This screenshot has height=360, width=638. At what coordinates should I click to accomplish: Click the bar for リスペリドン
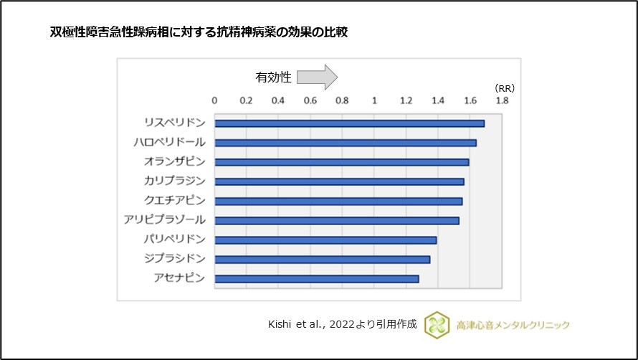pyautogui.click(x=350, y=123)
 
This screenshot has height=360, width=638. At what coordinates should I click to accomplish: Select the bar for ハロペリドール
pyautogui.click(x=346, y=143)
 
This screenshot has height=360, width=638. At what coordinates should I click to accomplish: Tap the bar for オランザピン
pyautogui.click(x=342, y=162)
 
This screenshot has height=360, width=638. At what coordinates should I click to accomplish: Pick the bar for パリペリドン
pyautogui.click(x=325, y=240)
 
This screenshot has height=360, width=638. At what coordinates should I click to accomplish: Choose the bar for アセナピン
pyautogui.click(x=317, y=278)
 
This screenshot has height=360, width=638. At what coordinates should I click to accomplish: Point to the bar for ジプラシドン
pyautogui.click(x=323, y=259)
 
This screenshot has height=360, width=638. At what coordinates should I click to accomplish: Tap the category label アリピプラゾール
pyautogui.click(x=164, y=219)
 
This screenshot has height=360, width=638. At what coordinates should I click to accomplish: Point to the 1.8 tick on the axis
pyautogui.click(x=501, y=101)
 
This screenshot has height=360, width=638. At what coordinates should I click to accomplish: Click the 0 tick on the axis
pyautogui.click(x=215, y=101)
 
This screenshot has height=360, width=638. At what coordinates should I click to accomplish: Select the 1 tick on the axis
pyautogui.click(x=374, y=101)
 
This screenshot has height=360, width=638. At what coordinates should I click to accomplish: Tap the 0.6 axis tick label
pyautogui.click(x=310, y=101)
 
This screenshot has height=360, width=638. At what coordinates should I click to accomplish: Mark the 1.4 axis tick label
pyautogui.click(x=437, y=101)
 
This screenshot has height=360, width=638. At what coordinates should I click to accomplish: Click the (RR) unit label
pyautogui.click(x=505, y=87)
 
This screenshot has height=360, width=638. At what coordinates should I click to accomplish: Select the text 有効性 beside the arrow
pyautogui.click(x=273, y=77)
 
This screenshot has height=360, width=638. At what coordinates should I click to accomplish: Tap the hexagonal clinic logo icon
pyautogui.click(x=436, y=325)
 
